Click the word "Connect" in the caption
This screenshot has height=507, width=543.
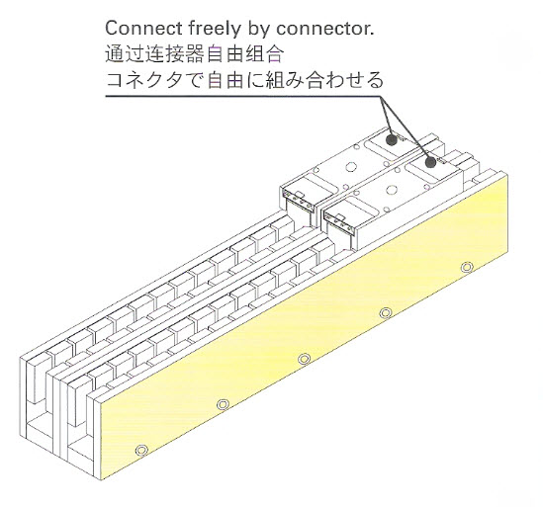[143, 29]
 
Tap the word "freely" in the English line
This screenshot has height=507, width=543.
[215, 29]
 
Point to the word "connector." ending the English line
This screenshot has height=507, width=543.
[325, 29]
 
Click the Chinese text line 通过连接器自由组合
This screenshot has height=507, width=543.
[195, 54]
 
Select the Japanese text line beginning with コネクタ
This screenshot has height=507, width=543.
[244, 80]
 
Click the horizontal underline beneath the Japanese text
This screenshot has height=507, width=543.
[243, 96]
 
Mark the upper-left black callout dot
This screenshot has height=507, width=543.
[392, 139]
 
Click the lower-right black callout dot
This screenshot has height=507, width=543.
[430, 162]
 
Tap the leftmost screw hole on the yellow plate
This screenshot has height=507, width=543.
[141, 451]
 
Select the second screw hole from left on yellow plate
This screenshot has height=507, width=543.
[223, 404]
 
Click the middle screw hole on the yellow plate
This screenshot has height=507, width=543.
[304, 359]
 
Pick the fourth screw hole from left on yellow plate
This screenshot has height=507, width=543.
[386, 313]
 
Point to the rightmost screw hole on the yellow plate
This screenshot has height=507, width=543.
[467, 268]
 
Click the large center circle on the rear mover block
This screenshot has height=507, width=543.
[351, 167]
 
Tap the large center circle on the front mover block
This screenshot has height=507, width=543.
[392, 190]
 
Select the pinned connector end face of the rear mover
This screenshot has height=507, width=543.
[299, 200]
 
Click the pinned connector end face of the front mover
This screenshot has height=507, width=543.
[339, 223]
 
